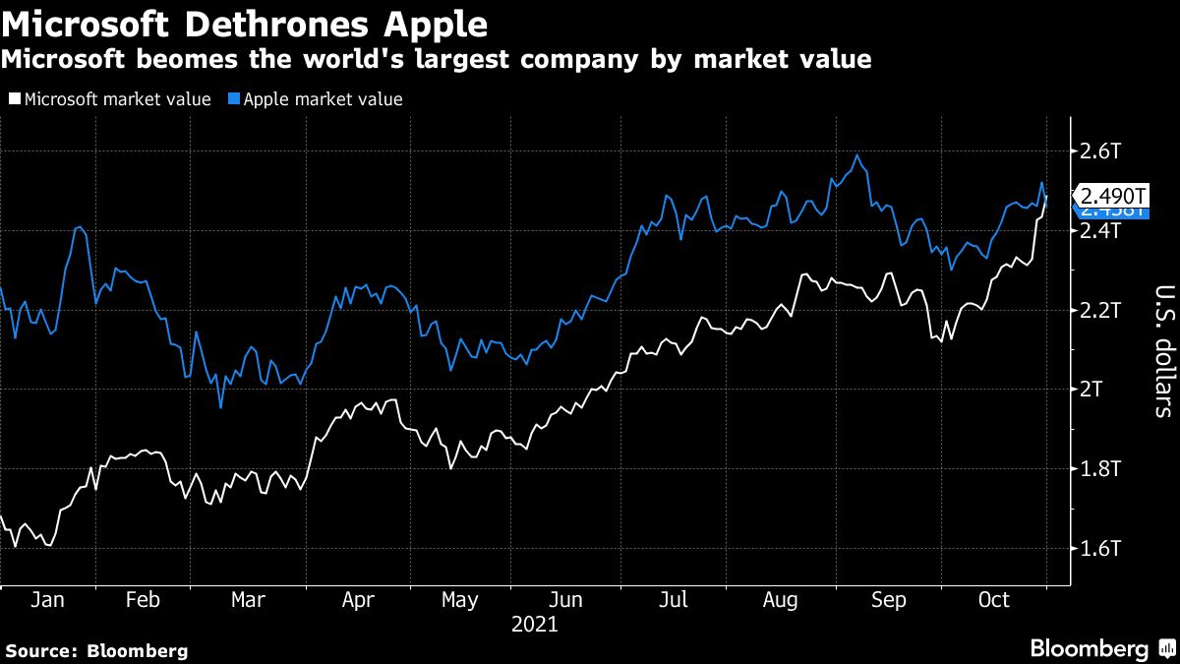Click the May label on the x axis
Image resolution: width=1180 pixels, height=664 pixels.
tap(459, 600)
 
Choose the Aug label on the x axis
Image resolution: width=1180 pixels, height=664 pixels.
tap(779, 600)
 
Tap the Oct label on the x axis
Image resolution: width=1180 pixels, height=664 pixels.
tap(994, 600)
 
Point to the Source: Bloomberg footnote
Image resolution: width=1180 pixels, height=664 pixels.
tap(96, 650)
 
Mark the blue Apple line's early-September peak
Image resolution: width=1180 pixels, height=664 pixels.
tap(857, 155)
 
